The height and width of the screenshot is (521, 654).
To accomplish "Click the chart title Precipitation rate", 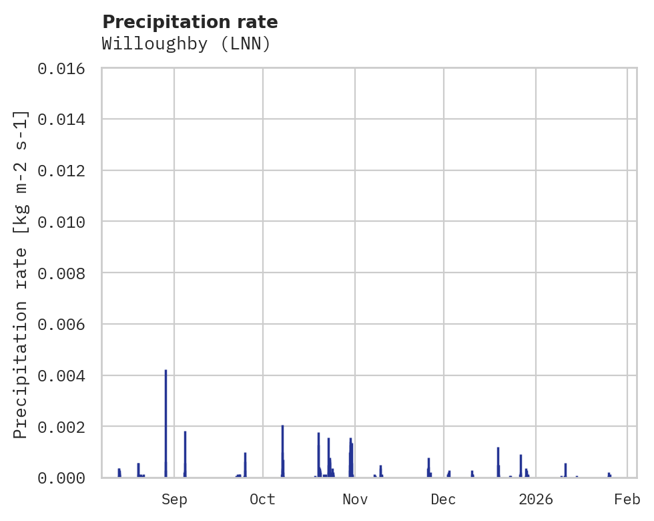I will click(x=190, y=22).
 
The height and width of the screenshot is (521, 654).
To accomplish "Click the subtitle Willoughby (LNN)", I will click(x=186, y=44).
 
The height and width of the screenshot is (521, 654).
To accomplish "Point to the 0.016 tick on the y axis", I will click(x=66, y=68).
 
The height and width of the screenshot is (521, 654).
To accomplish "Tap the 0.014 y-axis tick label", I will click(x=66, y=120).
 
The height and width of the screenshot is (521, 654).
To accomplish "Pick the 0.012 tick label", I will click(x=66, y=171).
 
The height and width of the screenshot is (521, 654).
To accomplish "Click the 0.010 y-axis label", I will click(x=66, y=222).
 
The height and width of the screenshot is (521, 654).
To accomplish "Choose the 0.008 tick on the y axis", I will click(x=66, y=273).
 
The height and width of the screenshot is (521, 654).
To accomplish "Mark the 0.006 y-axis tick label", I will click(x=66, y=325).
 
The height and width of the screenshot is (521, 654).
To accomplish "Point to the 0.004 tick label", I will click(x=66, y=376).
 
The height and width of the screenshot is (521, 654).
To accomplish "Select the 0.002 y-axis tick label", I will click(x=66, y=427).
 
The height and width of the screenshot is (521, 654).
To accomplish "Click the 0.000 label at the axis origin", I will click(x=66, y=478).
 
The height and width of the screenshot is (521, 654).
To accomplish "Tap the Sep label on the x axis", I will click(x=174, y=499).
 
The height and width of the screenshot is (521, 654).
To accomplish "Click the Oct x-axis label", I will click(x=263, y=499).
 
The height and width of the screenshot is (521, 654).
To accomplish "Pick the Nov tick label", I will click(x=354, y=499).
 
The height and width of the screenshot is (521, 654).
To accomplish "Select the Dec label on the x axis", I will click(x=443, y=499).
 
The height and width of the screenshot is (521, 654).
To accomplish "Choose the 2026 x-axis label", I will click(x=536, y=499).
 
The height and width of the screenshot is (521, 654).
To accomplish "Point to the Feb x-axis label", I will click(x=627, y=499).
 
